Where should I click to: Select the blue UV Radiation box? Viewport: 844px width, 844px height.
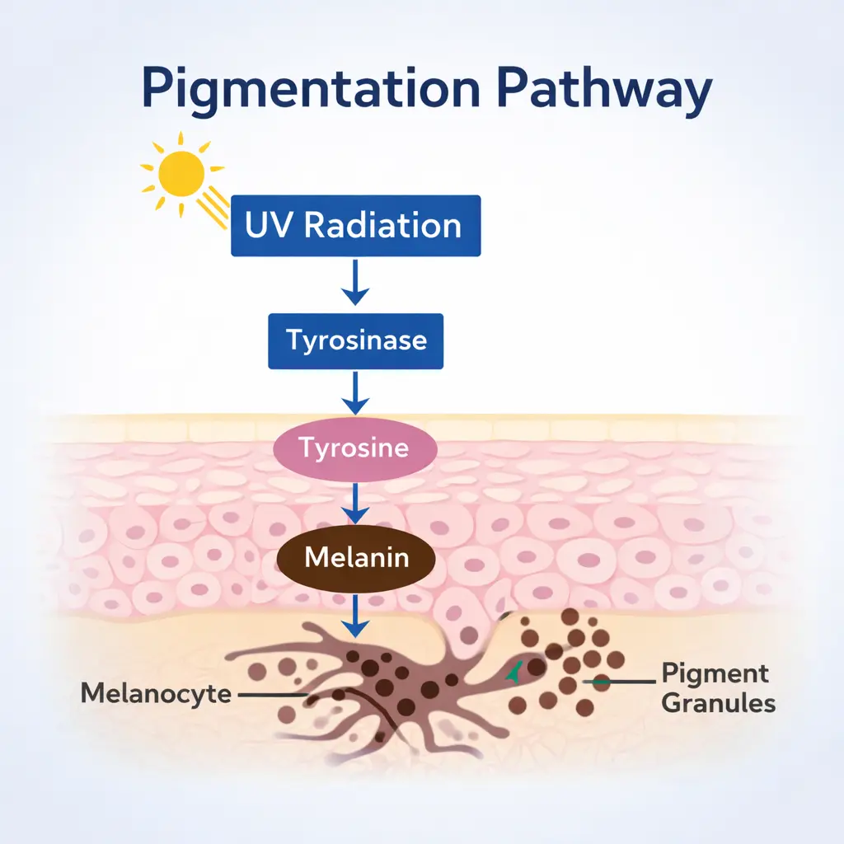pos(355,225)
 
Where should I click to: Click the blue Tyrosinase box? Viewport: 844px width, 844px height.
pos(355,340)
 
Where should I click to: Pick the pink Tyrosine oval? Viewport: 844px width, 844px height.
pos(355,449)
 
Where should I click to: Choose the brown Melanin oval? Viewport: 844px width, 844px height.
pos(355,558)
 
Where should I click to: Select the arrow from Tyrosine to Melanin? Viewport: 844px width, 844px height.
pos(355,502)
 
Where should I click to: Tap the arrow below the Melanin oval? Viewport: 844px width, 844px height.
pos(355,614)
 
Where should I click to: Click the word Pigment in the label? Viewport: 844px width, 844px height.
pos(715,673)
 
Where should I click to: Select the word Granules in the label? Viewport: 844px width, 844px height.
pos(719,703)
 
